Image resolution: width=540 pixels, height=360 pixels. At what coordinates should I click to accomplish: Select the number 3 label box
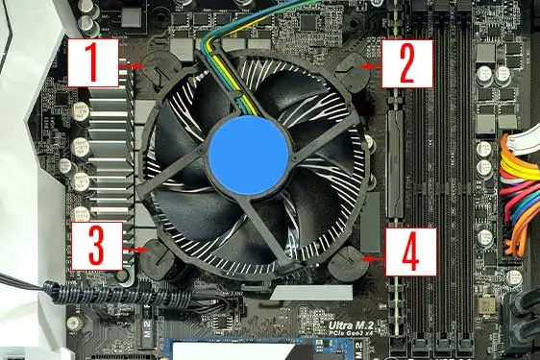(98, 247)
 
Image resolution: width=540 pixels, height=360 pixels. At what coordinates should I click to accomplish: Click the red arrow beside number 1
(136, 65)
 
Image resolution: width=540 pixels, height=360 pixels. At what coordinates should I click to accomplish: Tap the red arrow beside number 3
(136, 252)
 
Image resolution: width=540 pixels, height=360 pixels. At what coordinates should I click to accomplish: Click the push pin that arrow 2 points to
(357, 67)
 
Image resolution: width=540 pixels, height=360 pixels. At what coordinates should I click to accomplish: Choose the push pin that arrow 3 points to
(154, 255)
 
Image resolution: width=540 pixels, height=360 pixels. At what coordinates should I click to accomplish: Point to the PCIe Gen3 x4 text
(353, 338)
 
